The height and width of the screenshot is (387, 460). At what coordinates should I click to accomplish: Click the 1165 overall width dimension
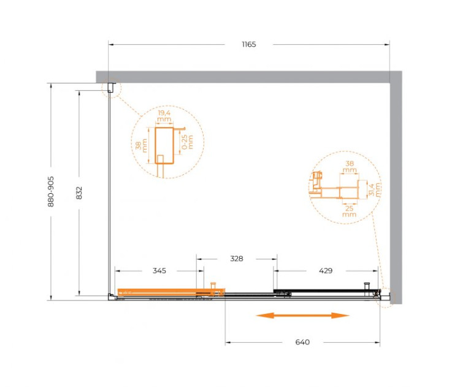[x=248, y=44]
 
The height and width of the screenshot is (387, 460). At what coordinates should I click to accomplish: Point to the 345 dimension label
[x=159, y=270]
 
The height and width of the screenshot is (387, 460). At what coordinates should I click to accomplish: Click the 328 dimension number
[x=237, y=259]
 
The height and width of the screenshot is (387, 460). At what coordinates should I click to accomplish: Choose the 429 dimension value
[x=326, y=270]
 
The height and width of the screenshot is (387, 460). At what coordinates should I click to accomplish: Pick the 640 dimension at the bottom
[x=302, y=342]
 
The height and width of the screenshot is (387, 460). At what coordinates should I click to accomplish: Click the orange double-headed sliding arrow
[x=302, y=316]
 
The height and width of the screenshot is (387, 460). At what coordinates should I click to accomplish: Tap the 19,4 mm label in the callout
[x=164, y=117]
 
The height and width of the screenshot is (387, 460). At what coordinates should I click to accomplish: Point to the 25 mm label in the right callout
[x=349, y=210]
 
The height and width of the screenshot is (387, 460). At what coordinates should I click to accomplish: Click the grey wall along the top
[x=245, y=77]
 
